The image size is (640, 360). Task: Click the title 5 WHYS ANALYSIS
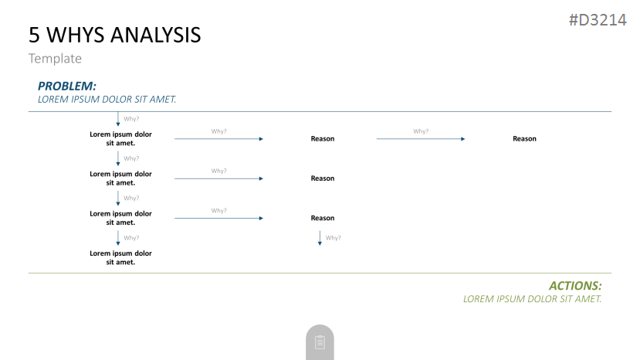(115, 35)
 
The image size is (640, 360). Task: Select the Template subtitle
(55, 59)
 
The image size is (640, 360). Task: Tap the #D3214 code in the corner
(598, 19)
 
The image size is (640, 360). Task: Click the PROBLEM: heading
(67, 87)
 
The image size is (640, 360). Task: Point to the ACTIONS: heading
(575, 286)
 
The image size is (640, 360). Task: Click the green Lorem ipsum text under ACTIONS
(532, 299)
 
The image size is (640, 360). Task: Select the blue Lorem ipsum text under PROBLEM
(107, 100)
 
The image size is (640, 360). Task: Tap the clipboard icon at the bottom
(320, 342)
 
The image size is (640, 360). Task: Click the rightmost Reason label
(524, 139)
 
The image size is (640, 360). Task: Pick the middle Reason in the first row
(323, 139)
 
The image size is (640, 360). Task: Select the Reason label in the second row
(323, 178)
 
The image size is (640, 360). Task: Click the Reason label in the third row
(323, 218)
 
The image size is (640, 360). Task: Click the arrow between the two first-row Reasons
(421, 139)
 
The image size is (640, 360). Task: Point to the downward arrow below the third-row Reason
(320, 238)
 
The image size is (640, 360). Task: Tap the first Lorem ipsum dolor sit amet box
(120, 139)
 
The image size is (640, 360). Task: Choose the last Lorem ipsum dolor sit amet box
(120, 258)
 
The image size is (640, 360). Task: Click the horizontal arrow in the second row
(218, 178)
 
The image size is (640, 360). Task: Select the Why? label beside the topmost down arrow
(131, 119)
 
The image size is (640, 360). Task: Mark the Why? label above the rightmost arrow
(421, 131)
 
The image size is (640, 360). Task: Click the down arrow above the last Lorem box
(118, 238)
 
